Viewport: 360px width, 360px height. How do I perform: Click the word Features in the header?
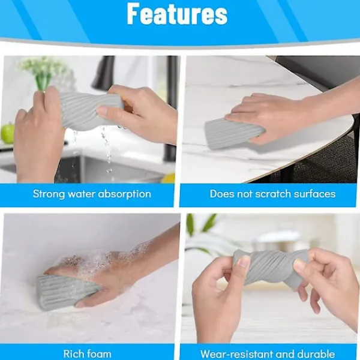(x=177, y=14)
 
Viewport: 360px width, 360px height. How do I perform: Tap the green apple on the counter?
(x=7, y=133)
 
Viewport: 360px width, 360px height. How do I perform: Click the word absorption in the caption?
(x=124, y=194)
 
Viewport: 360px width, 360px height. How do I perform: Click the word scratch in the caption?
(x=273, y=194)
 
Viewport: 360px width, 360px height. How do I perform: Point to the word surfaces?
(x=314, y=194)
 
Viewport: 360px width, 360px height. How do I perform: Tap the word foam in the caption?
(x=99, y=353)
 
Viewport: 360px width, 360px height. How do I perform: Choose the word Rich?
(x=73, y=353)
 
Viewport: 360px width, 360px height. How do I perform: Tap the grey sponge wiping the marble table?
(x=232, y=134)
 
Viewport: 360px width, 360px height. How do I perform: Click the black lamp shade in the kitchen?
(x=103, y=73)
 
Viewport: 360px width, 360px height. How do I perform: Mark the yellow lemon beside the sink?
(x=169, y=178)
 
